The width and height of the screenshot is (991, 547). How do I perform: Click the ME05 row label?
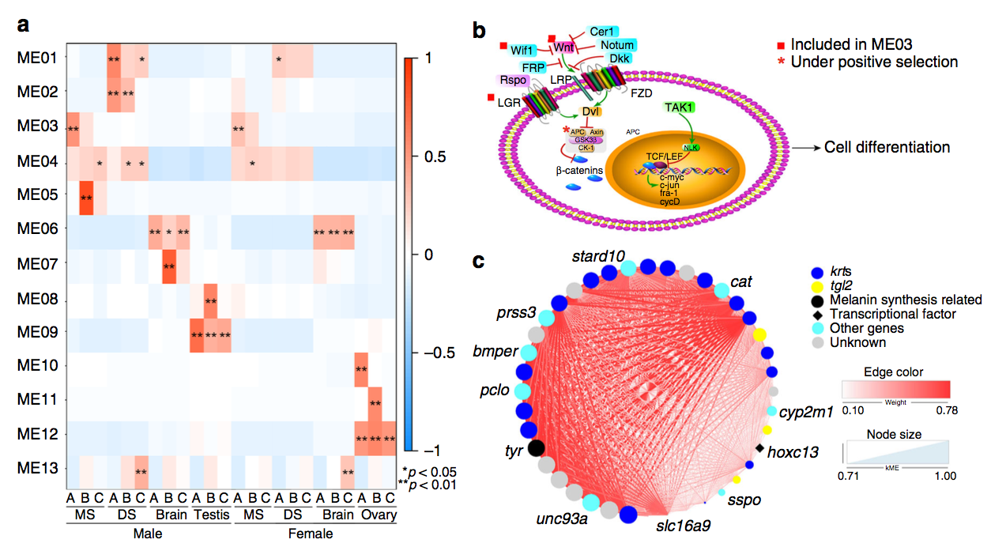(x=36, y=194)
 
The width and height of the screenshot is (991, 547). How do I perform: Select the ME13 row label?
(x=36, y=467)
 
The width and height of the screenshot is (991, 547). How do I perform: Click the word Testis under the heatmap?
(x=210, y=515)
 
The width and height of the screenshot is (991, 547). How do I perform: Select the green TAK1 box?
(x=680, y=107)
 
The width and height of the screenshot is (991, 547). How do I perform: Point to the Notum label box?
(x=617, y=45)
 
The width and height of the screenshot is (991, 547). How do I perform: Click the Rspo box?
(x=511, y=80)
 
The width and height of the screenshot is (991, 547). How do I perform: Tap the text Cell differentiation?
(x=887, y=147)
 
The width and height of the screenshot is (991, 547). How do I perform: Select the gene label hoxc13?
(x=793, y=452)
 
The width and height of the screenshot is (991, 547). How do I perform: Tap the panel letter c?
(x=477, y=261)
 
